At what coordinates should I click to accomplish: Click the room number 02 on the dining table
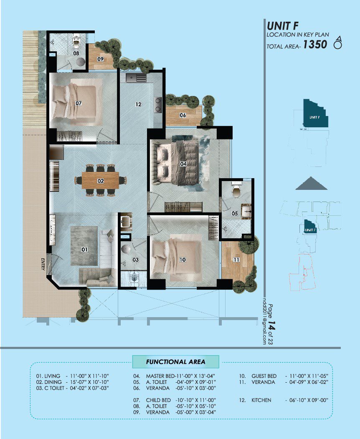[x=101, y=181]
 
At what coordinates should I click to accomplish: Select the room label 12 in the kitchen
[x=138, y=104]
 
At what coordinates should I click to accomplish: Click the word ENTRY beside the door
[x=43, y=264]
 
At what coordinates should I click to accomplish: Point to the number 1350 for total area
[x=315, y=45]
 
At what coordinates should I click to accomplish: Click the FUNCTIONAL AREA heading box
[x=176, y=362]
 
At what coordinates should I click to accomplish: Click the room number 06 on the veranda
[x=183, y=115]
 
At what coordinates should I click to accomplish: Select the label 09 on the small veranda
[x=100, y=59]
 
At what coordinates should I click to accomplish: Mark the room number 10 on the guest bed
[x=183, y=260]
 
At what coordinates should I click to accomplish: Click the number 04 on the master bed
[x=183, y=164]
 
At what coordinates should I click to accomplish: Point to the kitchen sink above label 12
[x=136, y=78]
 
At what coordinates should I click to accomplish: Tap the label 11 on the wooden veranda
[x=236, y=260]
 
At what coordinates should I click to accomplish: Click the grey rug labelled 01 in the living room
[x=84, y=246]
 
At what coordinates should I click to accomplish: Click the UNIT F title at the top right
[x=282, y=26]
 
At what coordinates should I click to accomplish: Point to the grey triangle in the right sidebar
[x=312, y=183]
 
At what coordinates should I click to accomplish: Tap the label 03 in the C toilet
[x=136, y=260]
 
